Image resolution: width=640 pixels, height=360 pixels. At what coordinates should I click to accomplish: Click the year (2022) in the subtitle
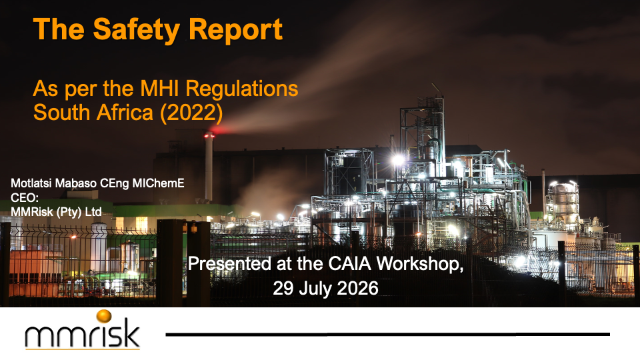tap(191, 113)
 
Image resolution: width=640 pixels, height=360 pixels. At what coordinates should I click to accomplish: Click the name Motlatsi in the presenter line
tap(31, 183)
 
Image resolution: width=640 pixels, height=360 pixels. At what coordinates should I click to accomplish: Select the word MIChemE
tap(159, 183)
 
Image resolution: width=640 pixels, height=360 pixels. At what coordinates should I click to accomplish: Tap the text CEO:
tap(25, 198)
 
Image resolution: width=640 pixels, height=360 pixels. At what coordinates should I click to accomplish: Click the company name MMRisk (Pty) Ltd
tap(56, 212)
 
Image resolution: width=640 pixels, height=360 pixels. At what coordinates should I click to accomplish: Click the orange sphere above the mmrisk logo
tap(104, 316)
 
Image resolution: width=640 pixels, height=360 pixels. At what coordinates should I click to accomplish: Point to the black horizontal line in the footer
tap(388, 334)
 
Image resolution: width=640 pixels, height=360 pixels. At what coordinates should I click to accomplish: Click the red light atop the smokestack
tap(209, 135)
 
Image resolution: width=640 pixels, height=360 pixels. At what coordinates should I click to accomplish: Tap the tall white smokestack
tap(209, 167)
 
